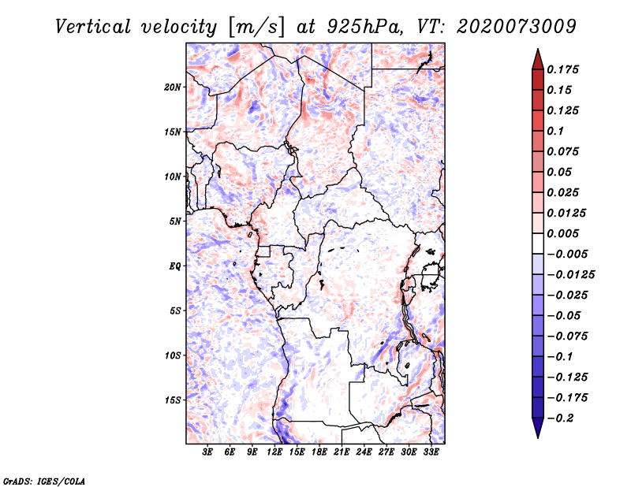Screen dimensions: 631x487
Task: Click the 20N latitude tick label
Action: pyautogui.click(x=173, y=87)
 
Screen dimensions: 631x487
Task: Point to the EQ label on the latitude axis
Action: pyautogui.click(x=175, y=266)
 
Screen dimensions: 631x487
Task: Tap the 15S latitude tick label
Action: pyautogui.click(x=173, y=400)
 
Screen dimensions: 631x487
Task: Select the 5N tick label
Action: pyautogui.click(x=175, y=221)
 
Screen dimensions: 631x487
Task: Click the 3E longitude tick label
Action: pyautogui.click(x=207, y=452)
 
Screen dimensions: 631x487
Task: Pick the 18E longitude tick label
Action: pyautogui.click(x=319, y=452)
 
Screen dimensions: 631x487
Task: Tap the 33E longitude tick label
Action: pyautogui.click(x=431, y=452)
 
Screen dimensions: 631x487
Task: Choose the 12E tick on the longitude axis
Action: pyautogui.click(x=274, y=452)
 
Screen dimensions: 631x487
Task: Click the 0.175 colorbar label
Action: pyautogui.click(x=562, y=69)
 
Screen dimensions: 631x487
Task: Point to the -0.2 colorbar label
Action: pyautogui.click(x=560, y=418)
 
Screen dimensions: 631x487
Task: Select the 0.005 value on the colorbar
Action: pyautogui.click(x=562, y=233)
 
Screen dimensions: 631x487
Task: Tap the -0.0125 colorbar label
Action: pyautogui.click(x=570, y=275)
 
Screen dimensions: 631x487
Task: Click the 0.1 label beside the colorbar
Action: pyautogui.click(x=555, y=131)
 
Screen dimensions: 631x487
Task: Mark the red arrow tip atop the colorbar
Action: pyautogui.click(x=538, y=49)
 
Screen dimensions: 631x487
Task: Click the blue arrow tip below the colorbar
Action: pyautogui.click(x=538, y=437)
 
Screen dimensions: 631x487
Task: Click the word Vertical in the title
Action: pyautogui.click(x=93, y=27)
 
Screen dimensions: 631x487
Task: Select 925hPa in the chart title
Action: pyautogui.click(x=364, y=27)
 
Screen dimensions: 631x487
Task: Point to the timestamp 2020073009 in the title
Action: pyautogui.click(x=517, y=27)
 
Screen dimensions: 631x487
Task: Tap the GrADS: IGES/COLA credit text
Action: pyautogui.click(x=44, y=481)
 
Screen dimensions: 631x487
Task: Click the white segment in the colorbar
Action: pyautogui.click(x=538, y=243)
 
